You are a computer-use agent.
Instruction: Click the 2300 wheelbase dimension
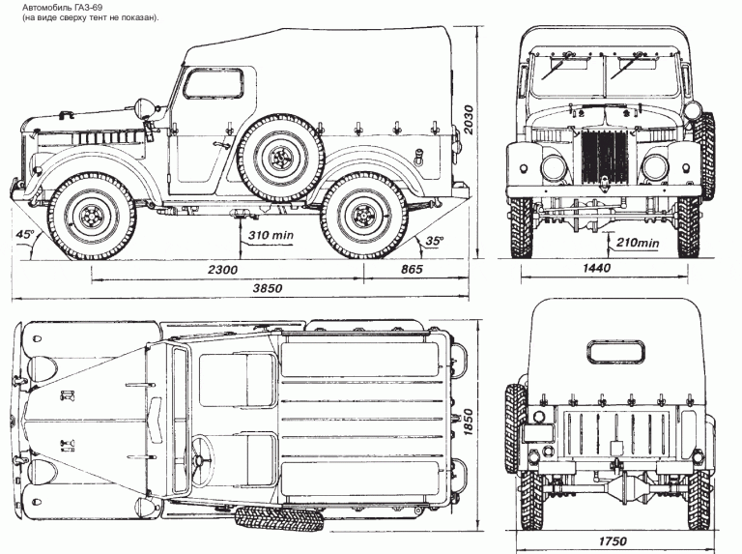223,270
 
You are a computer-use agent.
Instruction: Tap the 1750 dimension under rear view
613,539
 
